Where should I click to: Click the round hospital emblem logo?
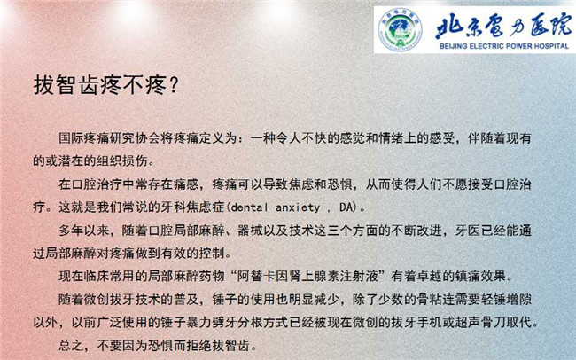click(400, 29)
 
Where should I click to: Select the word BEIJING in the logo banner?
click(454, 46)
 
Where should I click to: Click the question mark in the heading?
click(174, 85)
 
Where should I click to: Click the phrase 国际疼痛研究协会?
click(110, 138)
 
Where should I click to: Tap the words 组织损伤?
click(122, 161)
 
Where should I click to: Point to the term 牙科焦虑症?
click(192, 207)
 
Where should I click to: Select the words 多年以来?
click(84, 231)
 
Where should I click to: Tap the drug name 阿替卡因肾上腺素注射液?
click(307, 276)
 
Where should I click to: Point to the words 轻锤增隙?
click(506, 300)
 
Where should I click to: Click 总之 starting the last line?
click(71, 346)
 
